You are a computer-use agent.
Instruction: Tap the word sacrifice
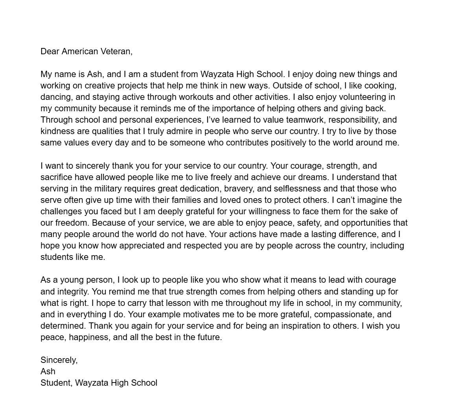point(56,177)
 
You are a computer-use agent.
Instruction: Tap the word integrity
point(73,292)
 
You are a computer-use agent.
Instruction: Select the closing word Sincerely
point(59,360)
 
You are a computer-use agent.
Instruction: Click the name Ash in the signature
point(48,372)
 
